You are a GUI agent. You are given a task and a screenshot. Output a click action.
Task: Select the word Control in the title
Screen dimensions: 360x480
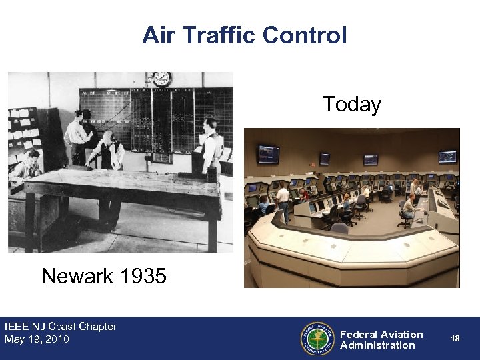pyautogui.click(x=307, y=35)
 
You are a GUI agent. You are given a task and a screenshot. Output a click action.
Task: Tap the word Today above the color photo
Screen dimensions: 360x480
pyautogui.click(x=351, y=105)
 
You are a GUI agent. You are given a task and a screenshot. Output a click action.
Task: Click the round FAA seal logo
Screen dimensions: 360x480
pyautogui.click(x=317, y=339)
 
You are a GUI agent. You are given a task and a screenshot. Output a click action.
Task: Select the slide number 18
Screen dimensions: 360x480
pyautogui.click(x=455, y=339)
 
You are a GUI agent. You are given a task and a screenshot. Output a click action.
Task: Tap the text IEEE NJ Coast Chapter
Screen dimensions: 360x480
pyautogui.click(x=61, y=327)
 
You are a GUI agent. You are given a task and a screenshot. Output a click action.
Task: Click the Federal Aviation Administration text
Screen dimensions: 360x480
pyautogui.click(x=381, y=339)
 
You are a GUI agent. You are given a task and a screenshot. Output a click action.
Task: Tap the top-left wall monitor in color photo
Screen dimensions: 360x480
pyautogui.click(x=269, y=154)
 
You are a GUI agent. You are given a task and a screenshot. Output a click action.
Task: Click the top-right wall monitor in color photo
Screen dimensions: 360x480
pyautogui.click(x=447, y=157)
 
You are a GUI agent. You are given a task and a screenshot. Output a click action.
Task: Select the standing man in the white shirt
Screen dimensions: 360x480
pyautogui.click(x=283, y=201)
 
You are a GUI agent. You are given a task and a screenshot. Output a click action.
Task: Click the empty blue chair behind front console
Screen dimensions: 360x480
pyautogui.click(x=339, y=227)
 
